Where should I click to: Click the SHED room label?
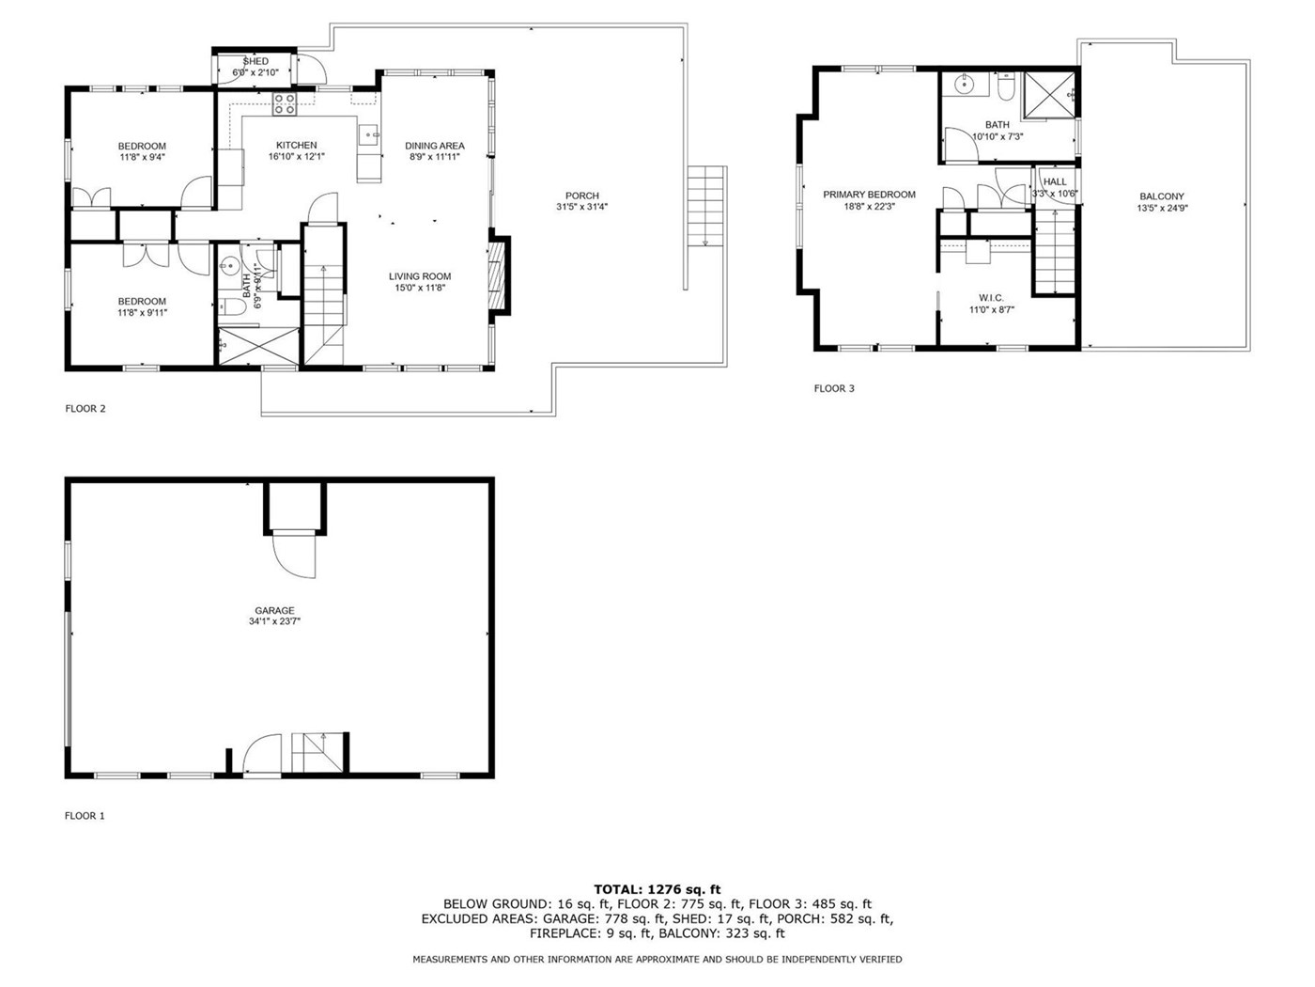point(255,61)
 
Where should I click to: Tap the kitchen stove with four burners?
point(284,103)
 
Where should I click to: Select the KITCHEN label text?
point(297,145)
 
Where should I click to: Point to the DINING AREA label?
point(434,146)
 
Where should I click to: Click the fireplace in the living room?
point(499,275)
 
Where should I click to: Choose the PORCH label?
point(581,196)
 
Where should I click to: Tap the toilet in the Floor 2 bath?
point(232,306)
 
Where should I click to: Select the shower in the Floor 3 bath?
point(1049,94)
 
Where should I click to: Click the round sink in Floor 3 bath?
point(964,85)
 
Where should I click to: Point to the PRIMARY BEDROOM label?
point(869,195)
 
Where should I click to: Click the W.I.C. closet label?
point(991,298)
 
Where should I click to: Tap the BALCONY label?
point(1162,196)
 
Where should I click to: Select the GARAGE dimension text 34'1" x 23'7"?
point(274,621)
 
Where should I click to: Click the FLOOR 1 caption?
point(85,816)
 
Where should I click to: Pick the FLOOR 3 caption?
point(834,388)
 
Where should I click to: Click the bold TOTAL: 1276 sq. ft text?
point(657,889)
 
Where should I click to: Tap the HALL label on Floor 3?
point(1055,181)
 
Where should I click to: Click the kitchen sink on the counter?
point(369,135)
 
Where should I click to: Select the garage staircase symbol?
point(317,753)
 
